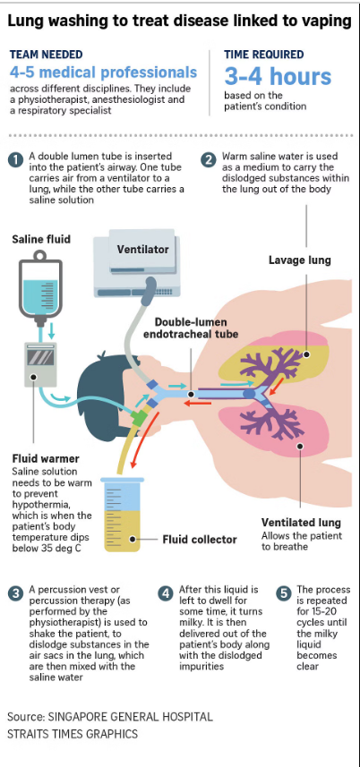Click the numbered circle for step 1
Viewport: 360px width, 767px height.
15,160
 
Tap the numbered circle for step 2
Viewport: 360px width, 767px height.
209,160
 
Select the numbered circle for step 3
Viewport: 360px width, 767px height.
15,593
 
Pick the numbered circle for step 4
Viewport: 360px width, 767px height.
166,593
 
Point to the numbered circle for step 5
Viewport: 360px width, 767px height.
283,593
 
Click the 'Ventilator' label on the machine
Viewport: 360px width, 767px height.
142,250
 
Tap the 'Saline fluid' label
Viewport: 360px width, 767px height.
41,239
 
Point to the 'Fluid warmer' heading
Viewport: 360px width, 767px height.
46,459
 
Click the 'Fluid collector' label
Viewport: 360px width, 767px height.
200,540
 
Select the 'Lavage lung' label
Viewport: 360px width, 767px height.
299,260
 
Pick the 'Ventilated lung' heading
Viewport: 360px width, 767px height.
301,522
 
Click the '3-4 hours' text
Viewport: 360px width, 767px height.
278,76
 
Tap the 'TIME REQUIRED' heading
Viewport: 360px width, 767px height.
263,55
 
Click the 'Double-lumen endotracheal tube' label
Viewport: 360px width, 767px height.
197,328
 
